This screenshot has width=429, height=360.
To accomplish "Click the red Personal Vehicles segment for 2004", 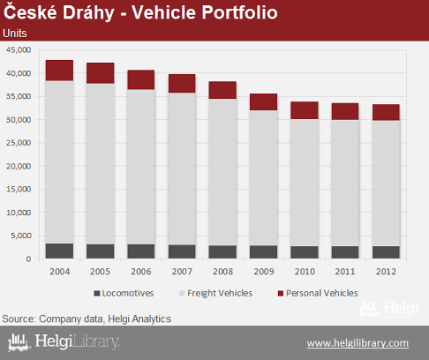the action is point(59,71).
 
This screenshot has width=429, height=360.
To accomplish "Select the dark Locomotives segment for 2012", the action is point(386,252).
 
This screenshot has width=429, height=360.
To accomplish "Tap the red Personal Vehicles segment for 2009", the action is point(263,102).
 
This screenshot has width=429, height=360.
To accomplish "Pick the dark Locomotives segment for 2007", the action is point(182,251).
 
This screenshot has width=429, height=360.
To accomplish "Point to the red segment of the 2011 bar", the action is point(345,111).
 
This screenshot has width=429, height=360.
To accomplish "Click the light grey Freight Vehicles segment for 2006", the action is point(141,167).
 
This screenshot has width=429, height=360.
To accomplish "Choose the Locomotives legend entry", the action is point(124,293).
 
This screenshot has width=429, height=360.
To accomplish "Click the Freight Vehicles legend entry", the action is point(215,293).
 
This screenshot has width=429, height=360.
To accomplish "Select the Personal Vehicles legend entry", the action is point(318,293).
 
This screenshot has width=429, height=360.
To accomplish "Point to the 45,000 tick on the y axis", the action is point(19,49).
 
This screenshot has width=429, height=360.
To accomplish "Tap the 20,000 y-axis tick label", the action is point(19,166).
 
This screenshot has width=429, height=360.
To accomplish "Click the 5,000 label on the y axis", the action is point(21,236).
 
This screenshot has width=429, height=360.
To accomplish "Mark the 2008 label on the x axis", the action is point(222,271).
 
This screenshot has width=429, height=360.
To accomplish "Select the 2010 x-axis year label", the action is point(305,271).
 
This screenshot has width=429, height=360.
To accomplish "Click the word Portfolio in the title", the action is point(239,12).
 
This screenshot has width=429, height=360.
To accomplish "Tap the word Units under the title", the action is point(15,34).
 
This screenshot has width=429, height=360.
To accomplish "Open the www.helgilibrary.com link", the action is point(357,343).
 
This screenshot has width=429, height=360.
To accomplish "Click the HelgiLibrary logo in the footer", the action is point(64,342).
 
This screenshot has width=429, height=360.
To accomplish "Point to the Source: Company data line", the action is point(87,319).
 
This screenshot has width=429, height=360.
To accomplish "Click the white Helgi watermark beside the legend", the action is point(388,310).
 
